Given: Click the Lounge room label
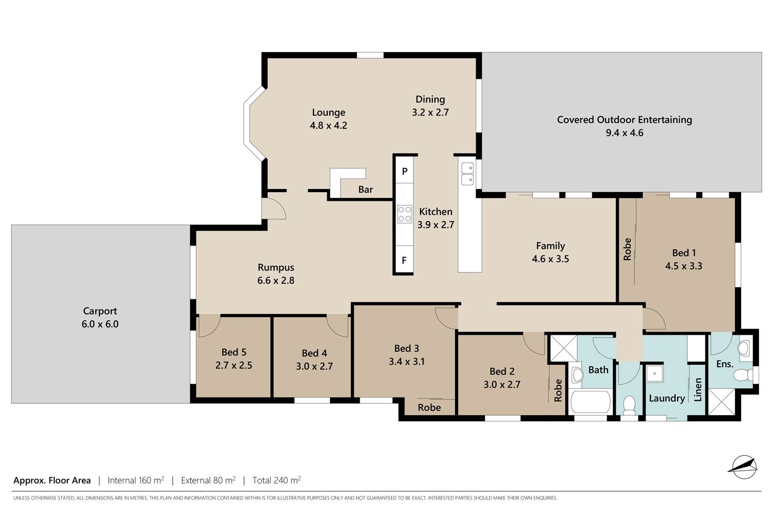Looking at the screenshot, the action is pos(329,112).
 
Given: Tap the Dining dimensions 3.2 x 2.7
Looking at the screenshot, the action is pos(430,112).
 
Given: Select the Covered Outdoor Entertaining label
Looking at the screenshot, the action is pos(624,119).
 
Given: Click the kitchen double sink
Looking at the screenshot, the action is pos(467,174).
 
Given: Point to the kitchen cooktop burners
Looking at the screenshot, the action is pos(405,214).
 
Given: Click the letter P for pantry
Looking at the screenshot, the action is pos(405,171).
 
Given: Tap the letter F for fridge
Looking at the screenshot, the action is pos(404,260).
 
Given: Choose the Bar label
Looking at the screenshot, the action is pos(365,190).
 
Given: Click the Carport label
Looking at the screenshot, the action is pos(100,311).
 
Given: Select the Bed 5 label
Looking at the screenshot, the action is pos(234,352).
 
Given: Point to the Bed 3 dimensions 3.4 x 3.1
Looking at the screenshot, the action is pos(407,362).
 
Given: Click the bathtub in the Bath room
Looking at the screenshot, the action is pos(591,402).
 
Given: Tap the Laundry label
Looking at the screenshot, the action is pos(667,399).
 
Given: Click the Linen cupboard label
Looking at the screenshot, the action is pos(698,390).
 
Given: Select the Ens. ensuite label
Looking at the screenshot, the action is pos(725,364).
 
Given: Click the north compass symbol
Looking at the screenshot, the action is pos(744,467).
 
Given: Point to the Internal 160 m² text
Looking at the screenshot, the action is pos(136,480).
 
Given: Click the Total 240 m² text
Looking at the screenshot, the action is pos(276,480).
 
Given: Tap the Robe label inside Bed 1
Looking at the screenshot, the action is pos(627,249).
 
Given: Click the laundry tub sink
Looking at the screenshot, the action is pos(654,373).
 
